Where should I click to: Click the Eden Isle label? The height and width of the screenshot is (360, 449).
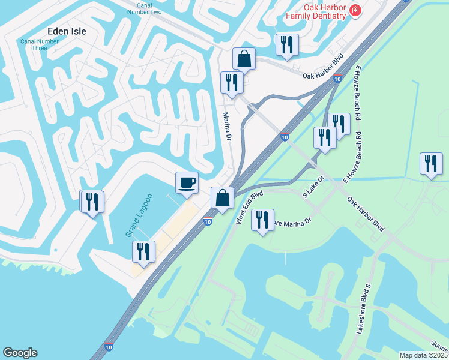click(x=67, y=31)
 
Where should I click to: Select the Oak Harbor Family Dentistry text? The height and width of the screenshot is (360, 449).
click(x=317, y=11)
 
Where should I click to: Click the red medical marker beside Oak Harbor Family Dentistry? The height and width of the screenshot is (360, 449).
click(x=355, y=10)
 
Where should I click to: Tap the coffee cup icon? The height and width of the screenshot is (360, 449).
click(x=187, y=182)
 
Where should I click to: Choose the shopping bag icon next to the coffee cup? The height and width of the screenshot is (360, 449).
click(x=222, y=197)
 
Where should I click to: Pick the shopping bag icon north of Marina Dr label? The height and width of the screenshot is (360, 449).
click(x=244, y=59)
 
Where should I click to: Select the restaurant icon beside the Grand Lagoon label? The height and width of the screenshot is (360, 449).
click(x=143, y=251)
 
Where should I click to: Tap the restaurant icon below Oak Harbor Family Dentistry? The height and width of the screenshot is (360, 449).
click(x=286, y=44)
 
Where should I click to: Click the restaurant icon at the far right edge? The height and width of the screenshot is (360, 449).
click(x=431, y=164)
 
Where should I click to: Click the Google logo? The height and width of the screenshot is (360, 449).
click(x=20, y=353)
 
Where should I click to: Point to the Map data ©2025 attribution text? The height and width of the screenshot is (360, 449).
click(x=424, y=355)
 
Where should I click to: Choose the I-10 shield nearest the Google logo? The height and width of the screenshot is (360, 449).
click(x=108, y=347)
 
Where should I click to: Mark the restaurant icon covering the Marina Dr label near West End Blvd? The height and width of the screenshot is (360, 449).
click(x=262, y=220)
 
